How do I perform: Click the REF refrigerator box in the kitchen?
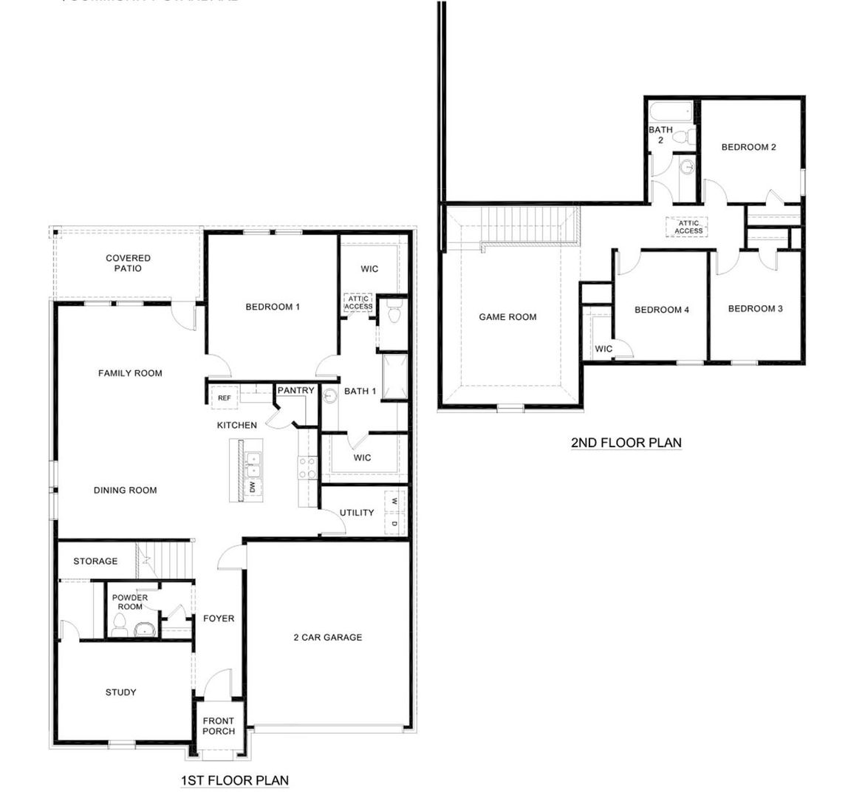[225, 398]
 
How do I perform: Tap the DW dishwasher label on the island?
[252, 486]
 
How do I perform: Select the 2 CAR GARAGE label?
[328, 637]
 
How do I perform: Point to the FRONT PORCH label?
[219, 726]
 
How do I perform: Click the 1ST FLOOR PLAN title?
[234, 780]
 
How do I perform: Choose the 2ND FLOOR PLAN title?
[626, 443]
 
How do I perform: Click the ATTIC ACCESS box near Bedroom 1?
[359, 303]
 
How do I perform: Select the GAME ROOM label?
[507, 317]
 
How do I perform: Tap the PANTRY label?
[296, 391]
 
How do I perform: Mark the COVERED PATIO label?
[128, 263]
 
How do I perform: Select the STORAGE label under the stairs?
[95, 562]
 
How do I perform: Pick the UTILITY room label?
[357, 513]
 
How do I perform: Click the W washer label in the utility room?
[394, 501]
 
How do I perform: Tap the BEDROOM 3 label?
[755, 309]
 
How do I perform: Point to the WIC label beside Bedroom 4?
[603, 349]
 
